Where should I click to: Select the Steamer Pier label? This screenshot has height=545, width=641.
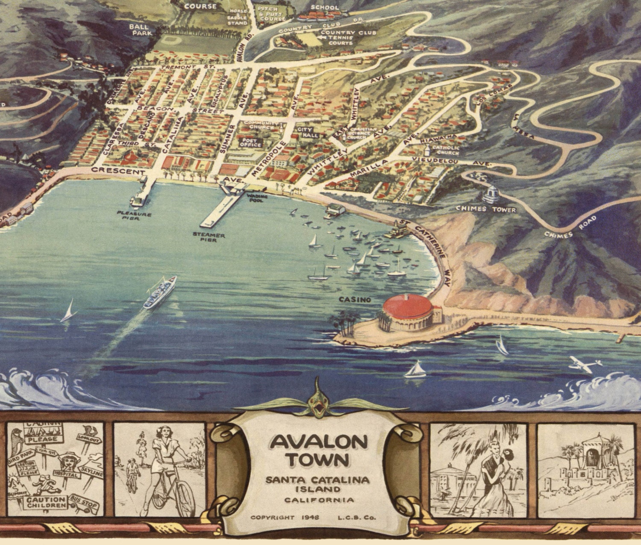(209, 237)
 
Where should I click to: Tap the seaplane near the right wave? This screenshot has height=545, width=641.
(585, 363)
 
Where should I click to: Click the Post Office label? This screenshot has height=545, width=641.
(251, 143)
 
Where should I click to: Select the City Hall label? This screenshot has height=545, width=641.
(305, 132)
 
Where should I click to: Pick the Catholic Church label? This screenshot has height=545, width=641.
(446, 150)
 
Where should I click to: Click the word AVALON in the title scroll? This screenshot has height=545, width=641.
(319, 442)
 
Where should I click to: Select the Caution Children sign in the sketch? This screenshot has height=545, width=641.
(46, 502)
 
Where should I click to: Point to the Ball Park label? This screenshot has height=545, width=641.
(139, 29)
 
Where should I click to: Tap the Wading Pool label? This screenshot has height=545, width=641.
(257, 198)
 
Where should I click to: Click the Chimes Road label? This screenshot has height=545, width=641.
(570, 228)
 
